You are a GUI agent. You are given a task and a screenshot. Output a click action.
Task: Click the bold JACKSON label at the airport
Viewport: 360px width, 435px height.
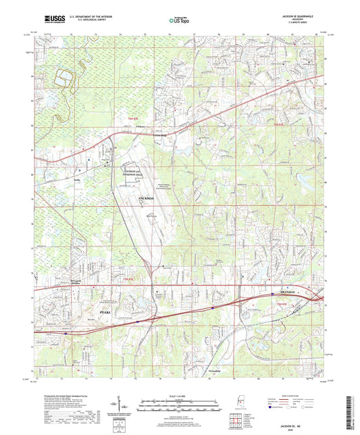pos(146,198)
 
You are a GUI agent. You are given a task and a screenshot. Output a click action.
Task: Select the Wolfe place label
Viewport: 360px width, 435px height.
pos(77,180)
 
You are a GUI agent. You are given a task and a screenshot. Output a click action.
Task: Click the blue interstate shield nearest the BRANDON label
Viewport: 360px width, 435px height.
pos(215,306)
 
